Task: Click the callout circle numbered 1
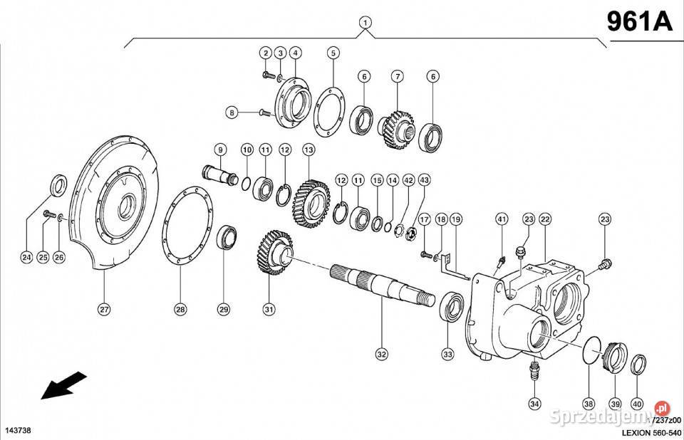(x=365, y=23)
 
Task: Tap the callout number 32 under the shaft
(x=381, y=353)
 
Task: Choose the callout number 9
(x=220, y=150)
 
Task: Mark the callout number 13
(x=309, y=150)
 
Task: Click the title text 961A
(x=639, y=21)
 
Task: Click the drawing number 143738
(x=17, y=431)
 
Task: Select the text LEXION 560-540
(x=651, y=431)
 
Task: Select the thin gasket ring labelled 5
(x=331, y=114)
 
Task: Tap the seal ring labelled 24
(x=59, y=187)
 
